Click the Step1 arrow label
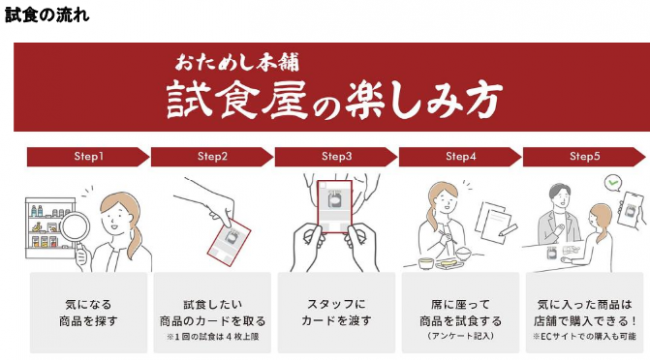pos(88,157)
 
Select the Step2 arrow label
pos(212,157)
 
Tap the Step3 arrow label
pos(336,157)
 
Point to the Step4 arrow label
pos(460,157)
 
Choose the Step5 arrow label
pos(584,157)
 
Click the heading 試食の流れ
pos(47,15)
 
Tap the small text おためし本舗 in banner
pos(237,63)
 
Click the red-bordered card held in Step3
pos(335,206)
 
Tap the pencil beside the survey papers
pos(508,230)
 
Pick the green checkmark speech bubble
pos(613,182)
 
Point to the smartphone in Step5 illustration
pos(630,209)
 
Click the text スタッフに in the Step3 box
pos(336,304)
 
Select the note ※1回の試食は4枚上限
pos(213,336)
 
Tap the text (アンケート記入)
pos(460,336)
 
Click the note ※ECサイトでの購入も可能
pos(585,336)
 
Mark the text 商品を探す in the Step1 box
pos(88,321)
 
